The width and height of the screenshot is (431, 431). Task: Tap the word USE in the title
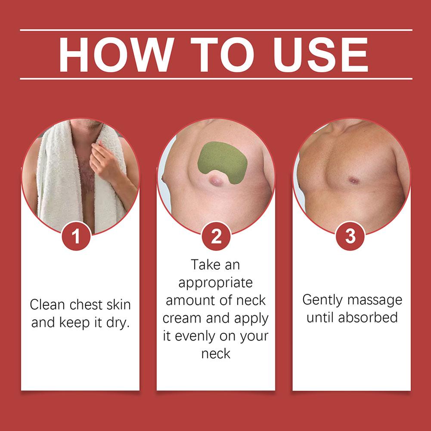320,54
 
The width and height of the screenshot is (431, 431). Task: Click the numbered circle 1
76,236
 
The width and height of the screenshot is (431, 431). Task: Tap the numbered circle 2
216,236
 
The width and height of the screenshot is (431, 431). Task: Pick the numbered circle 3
350,236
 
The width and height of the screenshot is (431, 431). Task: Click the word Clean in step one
47,304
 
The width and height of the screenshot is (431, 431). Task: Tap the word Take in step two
205,265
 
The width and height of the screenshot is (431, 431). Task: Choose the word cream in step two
182,318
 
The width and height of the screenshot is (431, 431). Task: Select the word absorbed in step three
368,317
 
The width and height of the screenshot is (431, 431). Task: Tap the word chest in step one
86,304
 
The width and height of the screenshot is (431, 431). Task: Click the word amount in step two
189,300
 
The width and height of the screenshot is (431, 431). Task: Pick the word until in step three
320,317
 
